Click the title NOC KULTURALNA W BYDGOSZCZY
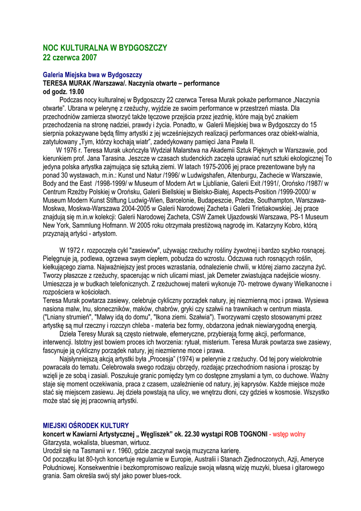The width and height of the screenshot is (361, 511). click(105, 48)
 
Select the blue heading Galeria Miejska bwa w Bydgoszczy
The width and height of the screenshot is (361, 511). click(92, 75)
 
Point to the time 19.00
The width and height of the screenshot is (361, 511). click(76, 92)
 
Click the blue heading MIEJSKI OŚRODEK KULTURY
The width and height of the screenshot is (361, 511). click(86, 426)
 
